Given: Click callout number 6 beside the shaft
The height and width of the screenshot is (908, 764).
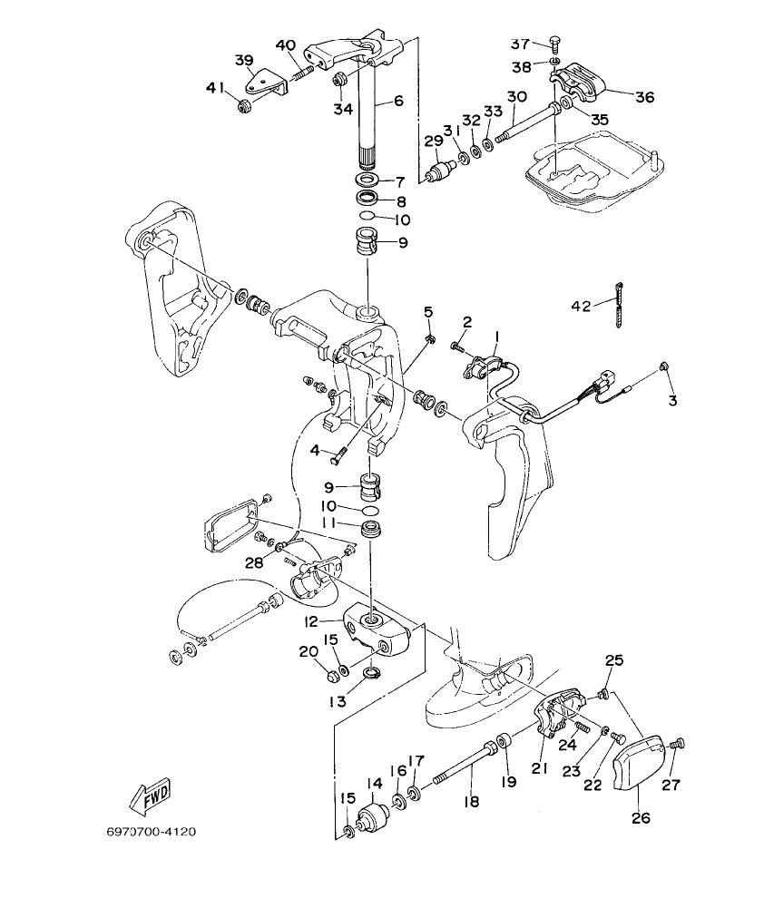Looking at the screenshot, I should [x=397, y=102].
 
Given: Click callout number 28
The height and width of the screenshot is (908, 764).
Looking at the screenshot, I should [x=255, y=563].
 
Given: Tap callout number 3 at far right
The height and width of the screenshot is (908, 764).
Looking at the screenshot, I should [x=672, y=400].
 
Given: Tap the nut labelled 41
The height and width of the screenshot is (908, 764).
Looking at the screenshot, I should [x=243, y=108].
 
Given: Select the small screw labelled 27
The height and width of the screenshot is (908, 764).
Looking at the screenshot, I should [x=673, y=745].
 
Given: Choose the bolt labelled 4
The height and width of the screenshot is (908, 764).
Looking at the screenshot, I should [x=341, y=445].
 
